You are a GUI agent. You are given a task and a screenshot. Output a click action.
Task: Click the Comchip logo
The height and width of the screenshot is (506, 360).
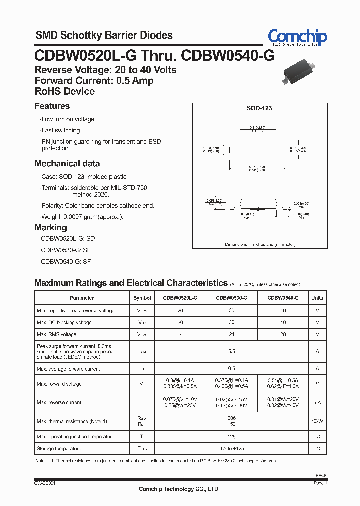297,37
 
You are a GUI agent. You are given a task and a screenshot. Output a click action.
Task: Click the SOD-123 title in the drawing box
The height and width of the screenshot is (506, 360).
259,108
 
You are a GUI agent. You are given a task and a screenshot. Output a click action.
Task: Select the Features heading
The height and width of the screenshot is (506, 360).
52,106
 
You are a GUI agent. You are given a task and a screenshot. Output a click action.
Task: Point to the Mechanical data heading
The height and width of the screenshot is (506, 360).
67,164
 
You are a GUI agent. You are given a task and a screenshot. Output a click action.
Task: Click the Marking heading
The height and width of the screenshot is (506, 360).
50,228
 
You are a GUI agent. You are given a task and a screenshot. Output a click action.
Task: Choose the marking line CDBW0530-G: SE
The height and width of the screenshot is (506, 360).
66,250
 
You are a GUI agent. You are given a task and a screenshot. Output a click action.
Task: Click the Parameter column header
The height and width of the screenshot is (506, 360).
82,298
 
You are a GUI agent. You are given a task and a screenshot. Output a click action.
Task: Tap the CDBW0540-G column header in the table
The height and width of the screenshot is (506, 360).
283,298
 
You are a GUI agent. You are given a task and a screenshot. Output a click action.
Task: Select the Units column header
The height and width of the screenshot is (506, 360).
317,298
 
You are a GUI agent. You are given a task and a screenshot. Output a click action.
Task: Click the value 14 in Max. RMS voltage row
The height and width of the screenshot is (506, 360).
180,334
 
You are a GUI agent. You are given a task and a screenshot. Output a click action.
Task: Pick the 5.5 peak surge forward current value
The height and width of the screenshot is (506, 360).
231,352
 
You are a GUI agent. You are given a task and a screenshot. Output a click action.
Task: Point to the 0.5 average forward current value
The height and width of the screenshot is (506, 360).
231,369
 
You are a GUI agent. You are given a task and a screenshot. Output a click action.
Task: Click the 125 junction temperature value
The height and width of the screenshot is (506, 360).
231,437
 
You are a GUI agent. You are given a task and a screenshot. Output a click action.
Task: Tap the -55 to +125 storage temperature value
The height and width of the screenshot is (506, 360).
231,449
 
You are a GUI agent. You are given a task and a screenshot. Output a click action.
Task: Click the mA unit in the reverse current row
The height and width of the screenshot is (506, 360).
317,402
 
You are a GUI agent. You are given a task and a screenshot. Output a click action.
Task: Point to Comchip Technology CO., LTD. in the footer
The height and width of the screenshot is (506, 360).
179,489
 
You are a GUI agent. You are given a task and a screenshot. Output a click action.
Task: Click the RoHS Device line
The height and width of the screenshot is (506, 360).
64,92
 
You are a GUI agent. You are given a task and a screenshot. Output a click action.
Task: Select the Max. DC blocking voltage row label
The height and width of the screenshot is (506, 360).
64,322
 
